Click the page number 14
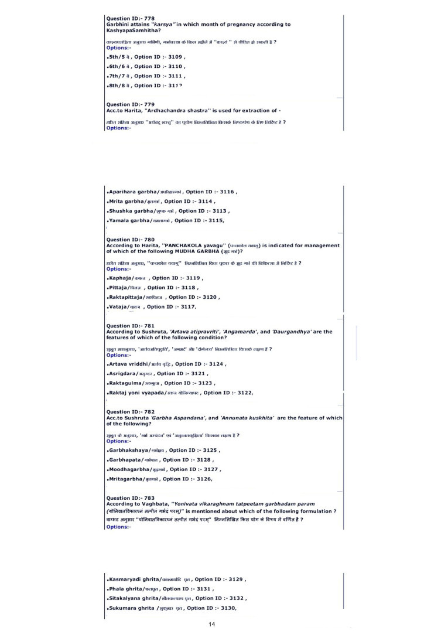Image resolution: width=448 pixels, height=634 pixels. point(211,625)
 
